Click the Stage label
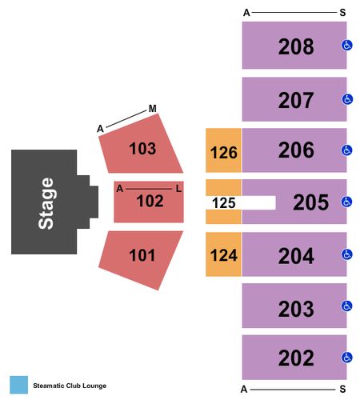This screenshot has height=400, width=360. tap(46, 203)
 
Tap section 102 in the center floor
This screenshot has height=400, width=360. tap(149, 202)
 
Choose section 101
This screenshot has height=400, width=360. tap(142, 255)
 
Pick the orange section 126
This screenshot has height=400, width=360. tap(223, 150)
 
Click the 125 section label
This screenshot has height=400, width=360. tap(224, 203)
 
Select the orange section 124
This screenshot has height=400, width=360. tap(223, 254)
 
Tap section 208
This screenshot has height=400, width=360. tap(294, 46)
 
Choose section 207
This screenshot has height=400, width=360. tap(294, 99)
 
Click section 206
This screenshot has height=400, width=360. tap(294, 150)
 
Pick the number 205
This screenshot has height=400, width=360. tap(311, 202)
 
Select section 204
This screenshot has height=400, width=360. tap(294, 254)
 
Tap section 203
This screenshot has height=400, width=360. tap(294, 306)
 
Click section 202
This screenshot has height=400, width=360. tap(294, 358)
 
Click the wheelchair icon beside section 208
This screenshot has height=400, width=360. tap(347, 46)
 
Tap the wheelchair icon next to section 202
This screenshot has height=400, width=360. tap(347, 358)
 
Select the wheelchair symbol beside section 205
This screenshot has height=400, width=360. tap(347, 202)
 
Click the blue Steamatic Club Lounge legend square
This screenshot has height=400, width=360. tap(19, 385)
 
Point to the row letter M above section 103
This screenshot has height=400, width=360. tap(153, 109)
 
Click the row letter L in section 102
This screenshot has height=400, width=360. tap(178, 189)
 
